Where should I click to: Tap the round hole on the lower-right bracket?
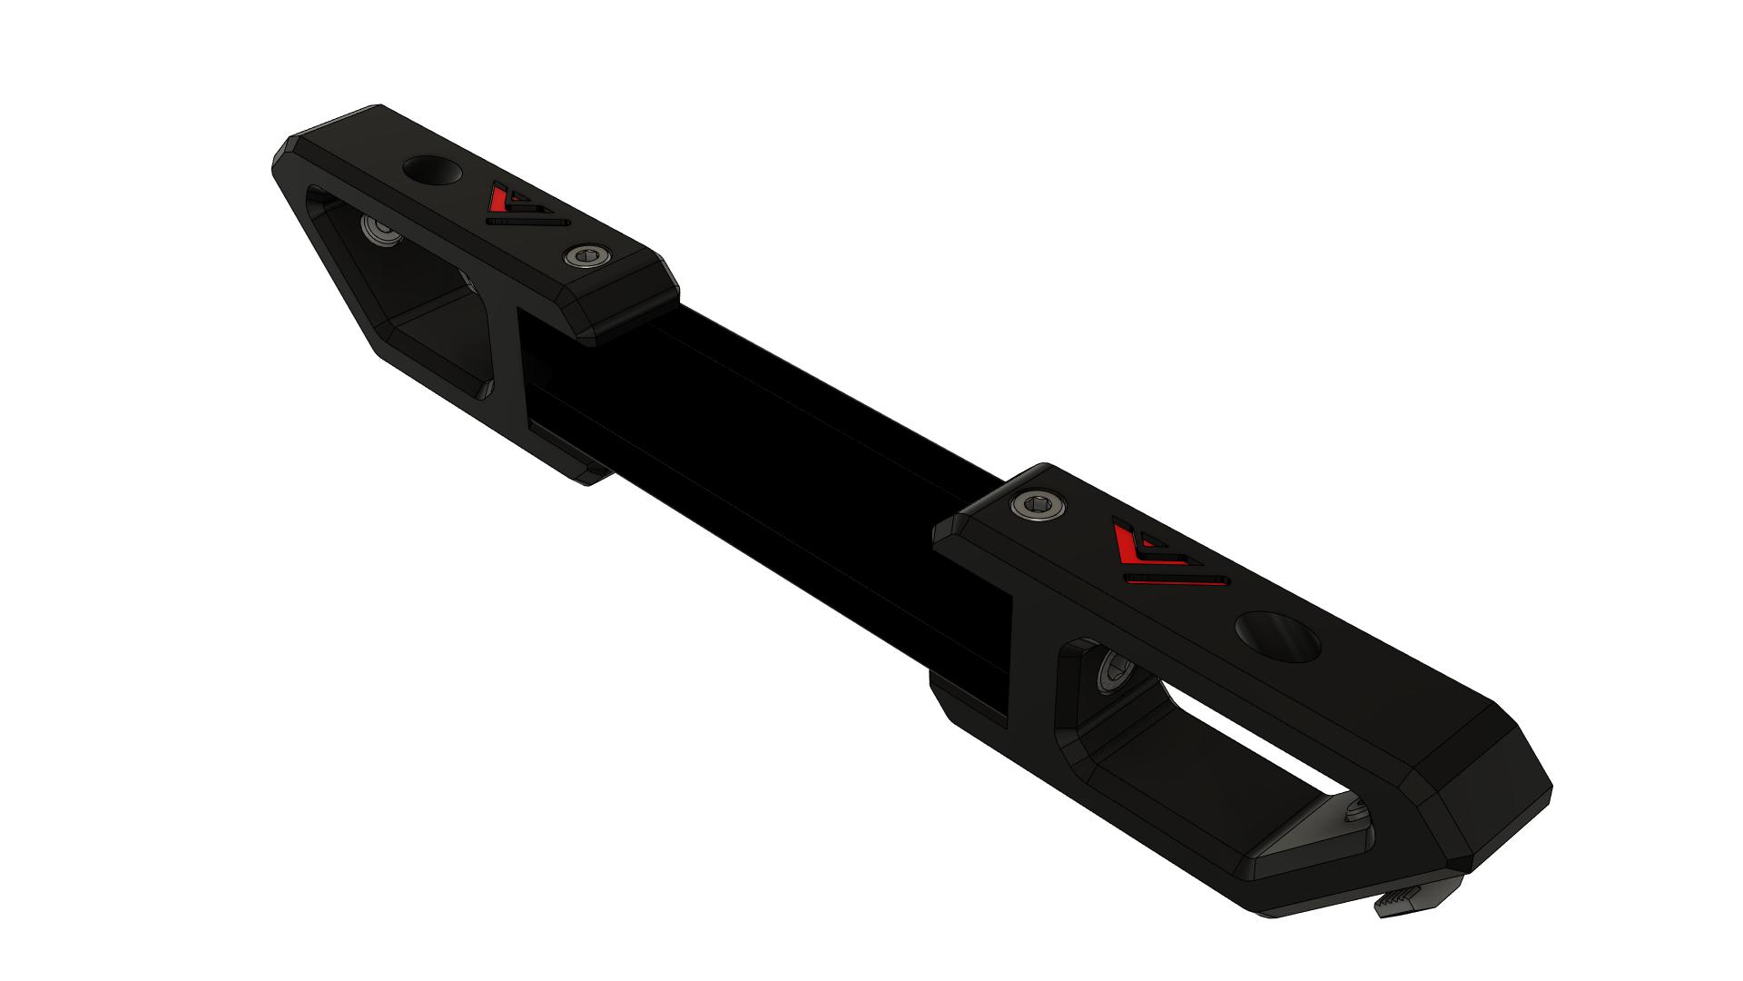pyautogui.click(x=1278, y=639)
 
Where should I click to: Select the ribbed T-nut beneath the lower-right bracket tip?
pyautogui.click(x=1399, y=908)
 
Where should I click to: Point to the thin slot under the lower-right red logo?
pyautogui.click(x=1177, y=579)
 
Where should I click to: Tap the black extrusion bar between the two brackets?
pyautogui.click(x=772, y=436)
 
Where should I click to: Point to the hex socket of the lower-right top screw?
pyautogui.click(x=1040, y=506)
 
